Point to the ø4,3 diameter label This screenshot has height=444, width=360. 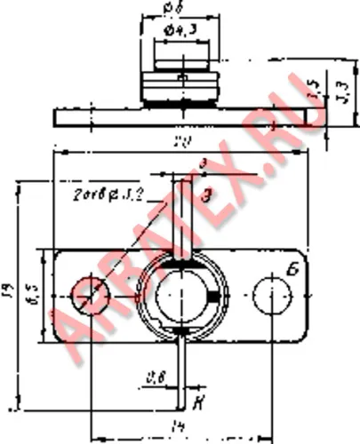(x=180, y=33)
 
